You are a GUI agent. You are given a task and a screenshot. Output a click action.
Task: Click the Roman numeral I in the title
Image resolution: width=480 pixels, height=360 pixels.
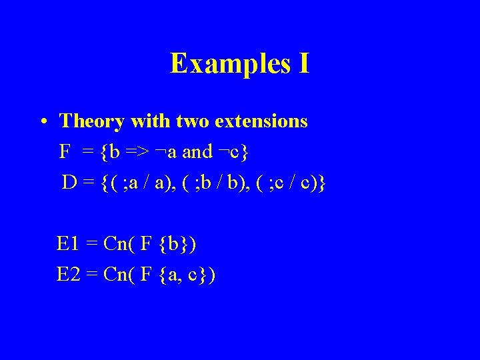303,63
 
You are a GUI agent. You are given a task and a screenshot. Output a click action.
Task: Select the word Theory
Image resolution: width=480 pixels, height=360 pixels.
92,121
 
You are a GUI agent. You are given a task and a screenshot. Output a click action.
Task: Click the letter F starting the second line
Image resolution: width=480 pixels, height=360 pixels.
65,152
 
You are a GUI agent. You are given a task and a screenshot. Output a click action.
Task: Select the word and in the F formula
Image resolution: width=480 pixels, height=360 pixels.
197,152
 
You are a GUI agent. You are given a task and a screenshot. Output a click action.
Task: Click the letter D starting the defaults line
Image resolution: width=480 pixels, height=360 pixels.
69,182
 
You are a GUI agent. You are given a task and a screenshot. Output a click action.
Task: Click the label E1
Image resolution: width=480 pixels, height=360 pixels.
69,244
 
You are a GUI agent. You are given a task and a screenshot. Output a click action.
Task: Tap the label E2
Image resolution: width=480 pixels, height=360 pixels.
69,274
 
